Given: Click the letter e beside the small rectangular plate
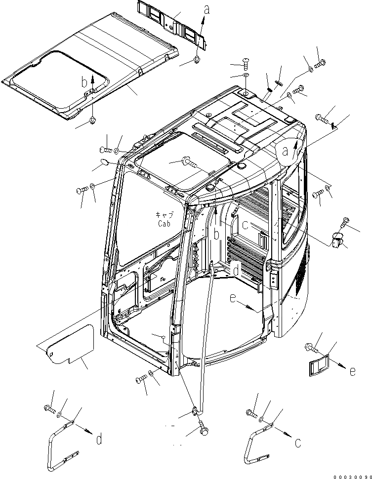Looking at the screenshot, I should pyautogui.click(x=352, y=372).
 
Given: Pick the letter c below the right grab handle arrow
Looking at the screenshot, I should pyautogui.click(x=297, y=443).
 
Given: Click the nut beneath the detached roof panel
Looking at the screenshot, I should pyautogui.click(x=93, y=120).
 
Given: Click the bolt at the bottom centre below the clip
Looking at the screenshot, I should pyautogui.click(x=203, y=430).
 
